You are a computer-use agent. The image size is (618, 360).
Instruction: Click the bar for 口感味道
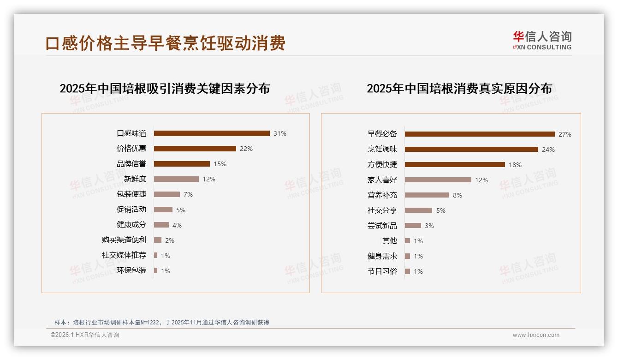coord(212,133)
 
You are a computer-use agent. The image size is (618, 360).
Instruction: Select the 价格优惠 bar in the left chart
coord(195,149)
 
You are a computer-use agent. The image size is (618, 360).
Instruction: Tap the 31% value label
coord(279,133)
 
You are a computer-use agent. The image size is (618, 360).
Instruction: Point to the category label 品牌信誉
coord(131,164)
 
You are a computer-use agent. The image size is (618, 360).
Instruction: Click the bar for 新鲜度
coord(176,179)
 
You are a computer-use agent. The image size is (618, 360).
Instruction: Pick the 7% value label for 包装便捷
coord(188,194)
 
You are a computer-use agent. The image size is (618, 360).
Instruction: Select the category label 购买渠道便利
coord(124,240)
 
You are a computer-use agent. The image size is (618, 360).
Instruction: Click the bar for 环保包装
coord(156,270)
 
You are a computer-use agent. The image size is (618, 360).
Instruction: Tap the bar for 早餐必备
coord(480,134)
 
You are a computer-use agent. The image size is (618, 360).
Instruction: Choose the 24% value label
coord(548,150)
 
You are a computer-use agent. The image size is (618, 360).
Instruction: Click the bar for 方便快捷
coord(455,165)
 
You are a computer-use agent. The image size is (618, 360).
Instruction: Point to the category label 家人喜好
coord(382,180)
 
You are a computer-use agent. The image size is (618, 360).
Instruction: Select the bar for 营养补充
coord(427,195)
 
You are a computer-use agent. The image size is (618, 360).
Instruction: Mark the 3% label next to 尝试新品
coord(429,226)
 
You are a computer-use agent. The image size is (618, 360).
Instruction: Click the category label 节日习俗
coord(382,271)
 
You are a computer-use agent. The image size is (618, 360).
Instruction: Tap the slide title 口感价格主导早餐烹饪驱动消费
coord(166,43)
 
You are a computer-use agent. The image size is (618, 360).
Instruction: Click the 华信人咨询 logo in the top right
coord(542,40)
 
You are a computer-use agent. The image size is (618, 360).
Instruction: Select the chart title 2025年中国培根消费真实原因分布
coord(459,89)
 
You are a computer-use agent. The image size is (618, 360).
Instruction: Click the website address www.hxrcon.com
coord(536,335)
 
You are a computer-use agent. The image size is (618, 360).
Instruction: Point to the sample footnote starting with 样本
coord(162,323)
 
